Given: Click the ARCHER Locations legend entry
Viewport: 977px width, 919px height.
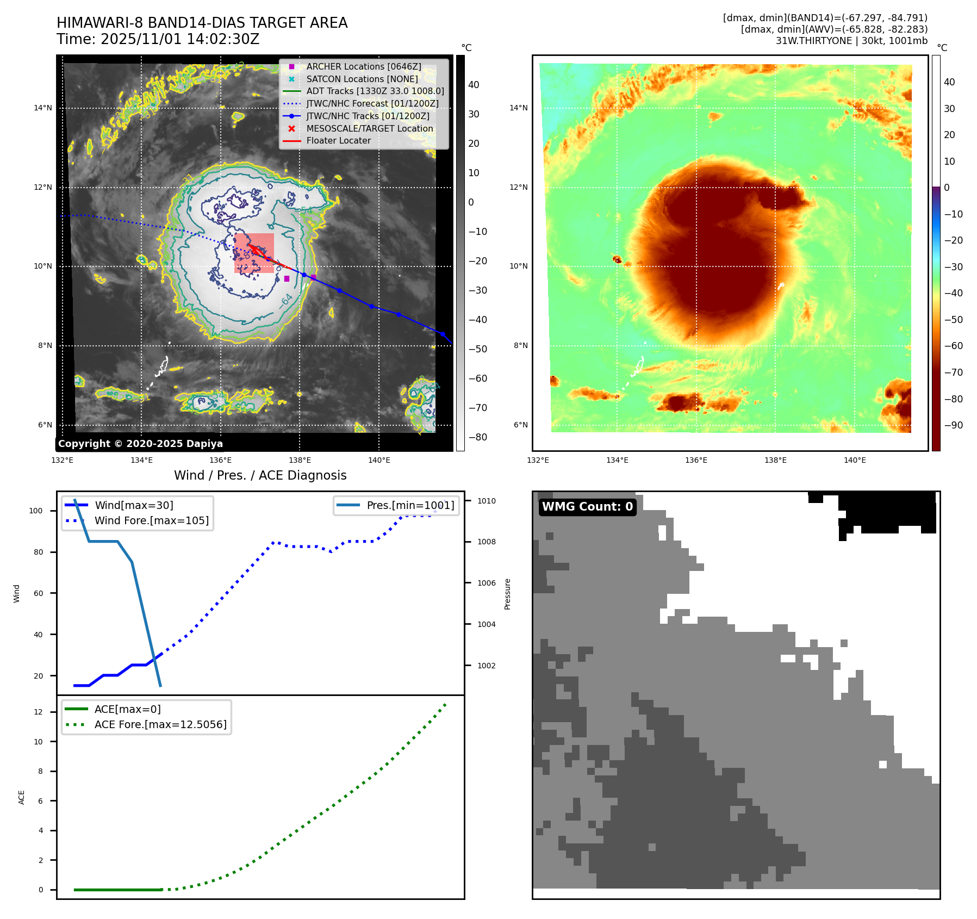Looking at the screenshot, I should pos(363,66).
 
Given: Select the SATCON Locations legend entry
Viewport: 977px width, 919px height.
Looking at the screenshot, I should pos(362,79).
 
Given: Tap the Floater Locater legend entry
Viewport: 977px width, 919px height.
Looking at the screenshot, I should pos(338,140).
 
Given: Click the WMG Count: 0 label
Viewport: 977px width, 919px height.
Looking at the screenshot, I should pos(587,507).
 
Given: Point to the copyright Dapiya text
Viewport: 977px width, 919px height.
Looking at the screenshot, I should pos(140,444).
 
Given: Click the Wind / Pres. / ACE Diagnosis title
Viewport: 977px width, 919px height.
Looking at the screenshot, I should pos(260,475).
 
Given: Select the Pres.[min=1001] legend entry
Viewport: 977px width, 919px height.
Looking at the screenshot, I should pos(410,505).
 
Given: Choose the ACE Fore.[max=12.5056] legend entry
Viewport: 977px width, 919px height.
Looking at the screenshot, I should pos(160,724).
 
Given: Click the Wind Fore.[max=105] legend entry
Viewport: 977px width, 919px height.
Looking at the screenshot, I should pos(151,520).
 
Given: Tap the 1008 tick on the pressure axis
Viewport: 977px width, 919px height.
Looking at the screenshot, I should pos(486,542).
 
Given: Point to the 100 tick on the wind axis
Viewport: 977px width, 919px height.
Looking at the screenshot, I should pos(36,511).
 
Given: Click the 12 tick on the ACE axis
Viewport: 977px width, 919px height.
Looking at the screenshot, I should pos(38,712).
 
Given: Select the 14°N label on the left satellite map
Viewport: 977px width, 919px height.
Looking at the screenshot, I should pos(43,108).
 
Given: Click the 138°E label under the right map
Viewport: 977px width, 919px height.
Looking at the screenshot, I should pos(775,460).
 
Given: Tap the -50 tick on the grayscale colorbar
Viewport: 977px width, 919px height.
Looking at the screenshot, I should pos(478,349).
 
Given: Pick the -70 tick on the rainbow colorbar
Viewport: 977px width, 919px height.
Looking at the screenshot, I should pos(953,372).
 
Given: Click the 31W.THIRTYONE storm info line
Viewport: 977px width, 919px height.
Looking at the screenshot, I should pos(851,41).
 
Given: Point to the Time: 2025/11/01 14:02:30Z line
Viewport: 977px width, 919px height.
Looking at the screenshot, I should pos(158,39).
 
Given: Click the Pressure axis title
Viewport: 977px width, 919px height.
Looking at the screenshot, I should pos(507,594).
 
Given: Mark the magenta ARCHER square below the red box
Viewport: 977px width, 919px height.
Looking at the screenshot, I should pos(287,278).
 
